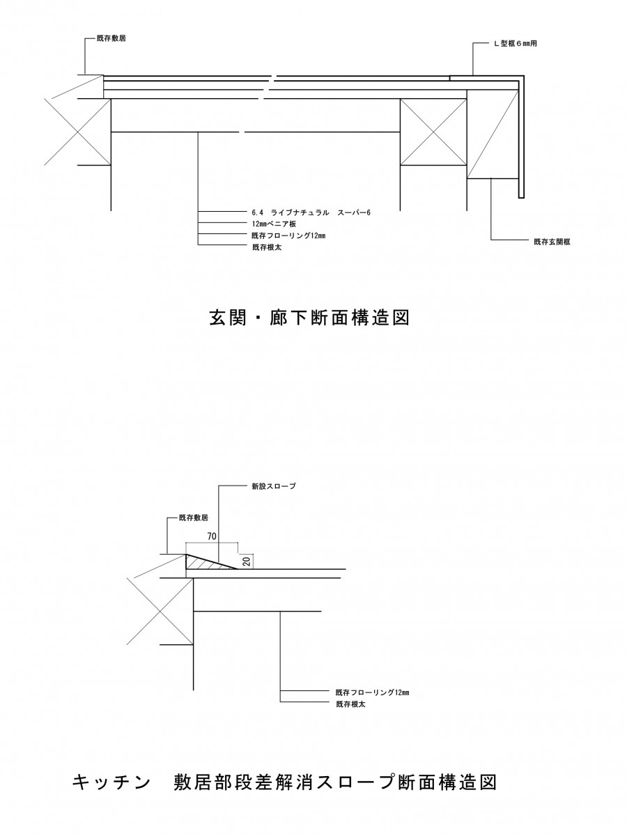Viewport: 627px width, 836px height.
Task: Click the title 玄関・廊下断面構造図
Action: [x=309, y=318]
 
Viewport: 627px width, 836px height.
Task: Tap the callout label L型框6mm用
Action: [x=516, y=43]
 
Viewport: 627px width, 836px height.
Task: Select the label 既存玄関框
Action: [x=552, y=242]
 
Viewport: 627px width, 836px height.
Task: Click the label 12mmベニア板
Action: [x=274, y=224]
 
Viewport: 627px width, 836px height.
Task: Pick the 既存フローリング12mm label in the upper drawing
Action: [x=288, y=235]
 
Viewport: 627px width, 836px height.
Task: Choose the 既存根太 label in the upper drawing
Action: [x=267, y=247]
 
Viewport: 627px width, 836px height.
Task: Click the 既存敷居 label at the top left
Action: [x=111, y=38]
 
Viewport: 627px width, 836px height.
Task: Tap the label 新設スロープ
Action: [x=273, y=486]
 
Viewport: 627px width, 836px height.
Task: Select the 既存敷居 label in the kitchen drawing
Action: [x=194, y=518]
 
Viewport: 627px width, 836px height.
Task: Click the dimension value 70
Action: [x=212, y=536]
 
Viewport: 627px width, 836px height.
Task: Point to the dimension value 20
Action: [x=247, y=562]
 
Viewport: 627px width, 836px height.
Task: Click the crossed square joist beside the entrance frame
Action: [x=433, y=132]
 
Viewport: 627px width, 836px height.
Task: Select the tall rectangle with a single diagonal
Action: [x=493, y=134]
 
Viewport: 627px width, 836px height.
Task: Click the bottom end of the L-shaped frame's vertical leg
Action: [x=521, y=198]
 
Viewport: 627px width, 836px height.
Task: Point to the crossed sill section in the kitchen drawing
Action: [x=160, y=611]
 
